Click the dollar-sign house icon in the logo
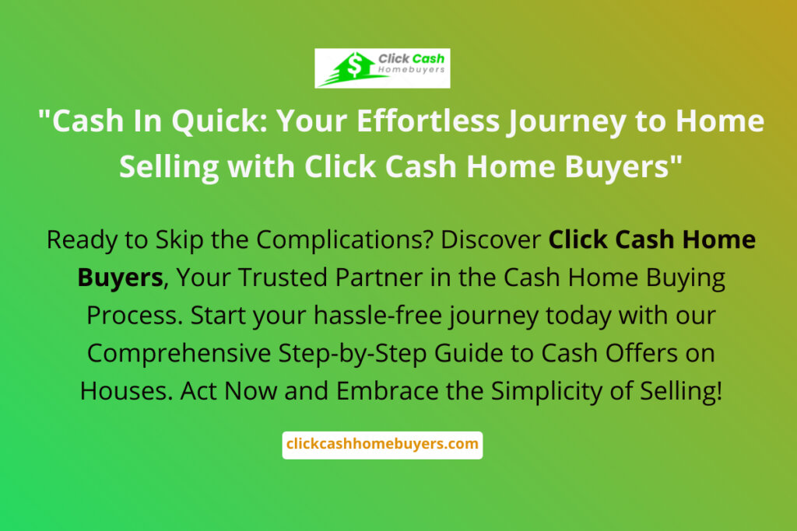353,68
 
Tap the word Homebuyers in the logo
411,69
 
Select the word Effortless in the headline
428,121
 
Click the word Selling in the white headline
169,167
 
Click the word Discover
490,239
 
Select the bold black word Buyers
121,278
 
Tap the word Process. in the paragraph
135,315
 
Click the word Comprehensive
179,353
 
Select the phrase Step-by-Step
353,353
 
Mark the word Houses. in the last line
127,391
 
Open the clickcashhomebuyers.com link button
382,445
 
